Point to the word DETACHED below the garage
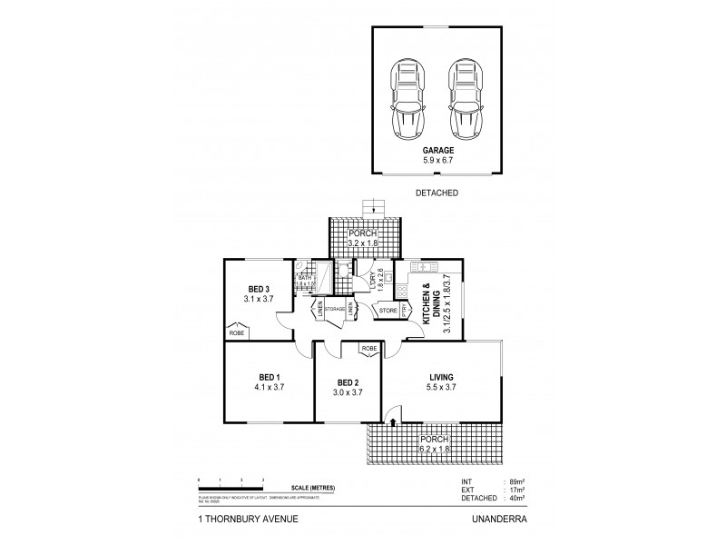tap(436, 193)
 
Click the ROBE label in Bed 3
tap(237, 333)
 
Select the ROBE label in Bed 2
tap(368, 349)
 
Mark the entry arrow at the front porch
tap(392, 421)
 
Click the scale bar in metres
tap(231, 481)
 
